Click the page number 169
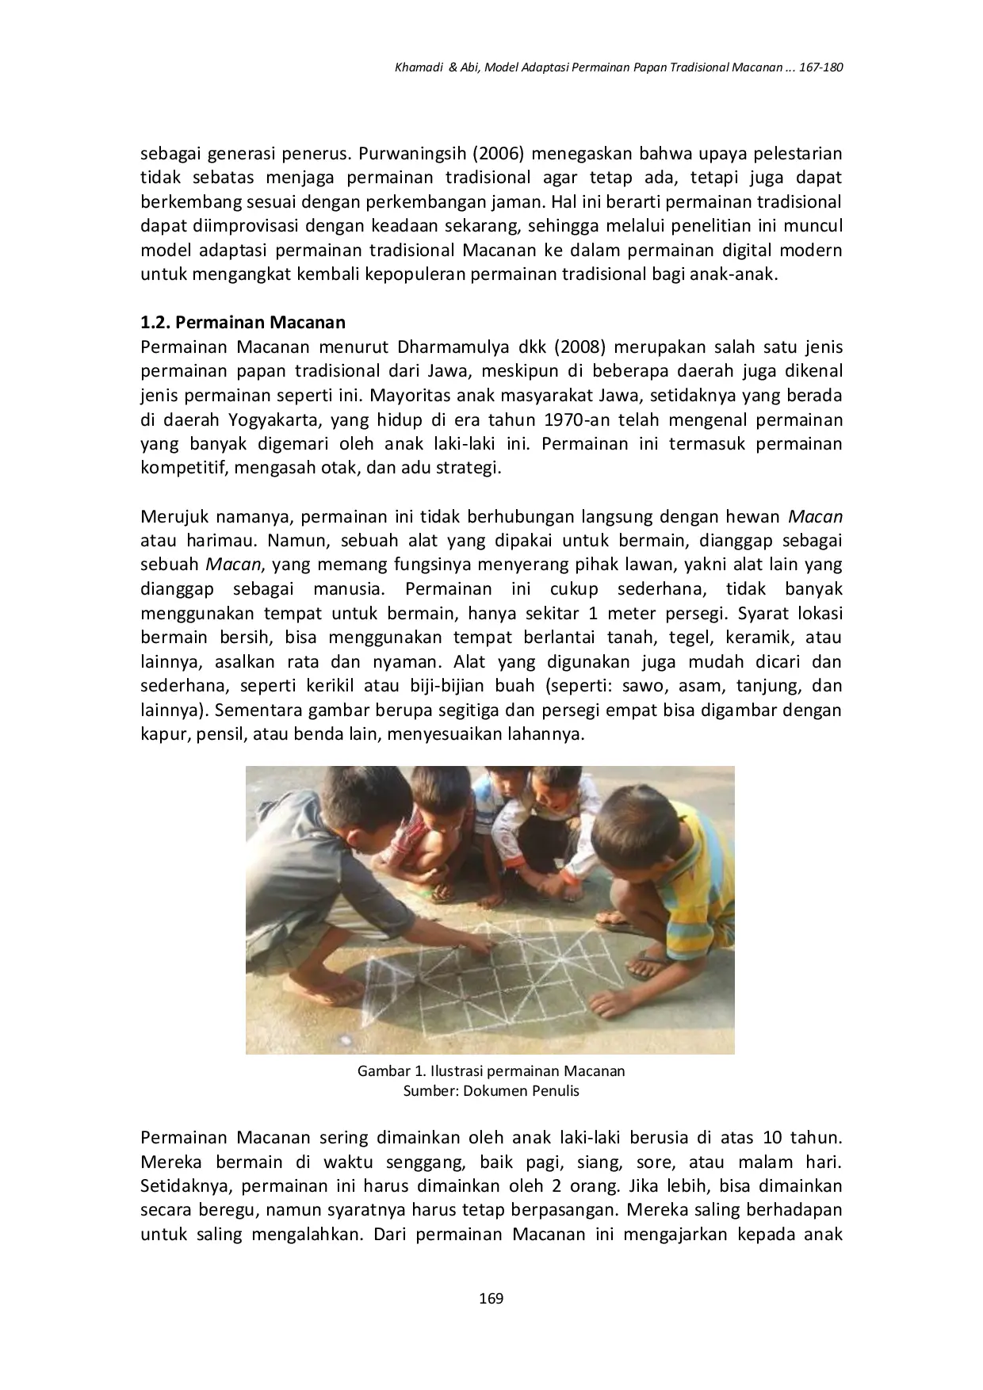coord(491,1298)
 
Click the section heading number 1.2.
coord(155,323)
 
